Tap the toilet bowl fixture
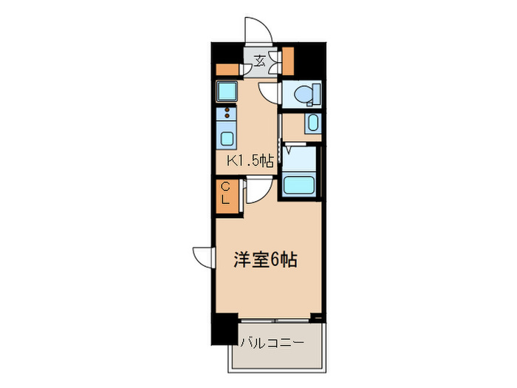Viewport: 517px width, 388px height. [x=304, y=95]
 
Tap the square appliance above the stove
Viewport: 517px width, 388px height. [x=226, y=92]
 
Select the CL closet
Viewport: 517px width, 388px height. [x=227, y=194]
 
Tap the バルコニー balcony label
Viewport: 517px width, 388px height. [x=273, y=342]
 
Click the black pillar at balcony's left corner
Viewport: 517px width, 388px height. [x=223, y=330]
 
